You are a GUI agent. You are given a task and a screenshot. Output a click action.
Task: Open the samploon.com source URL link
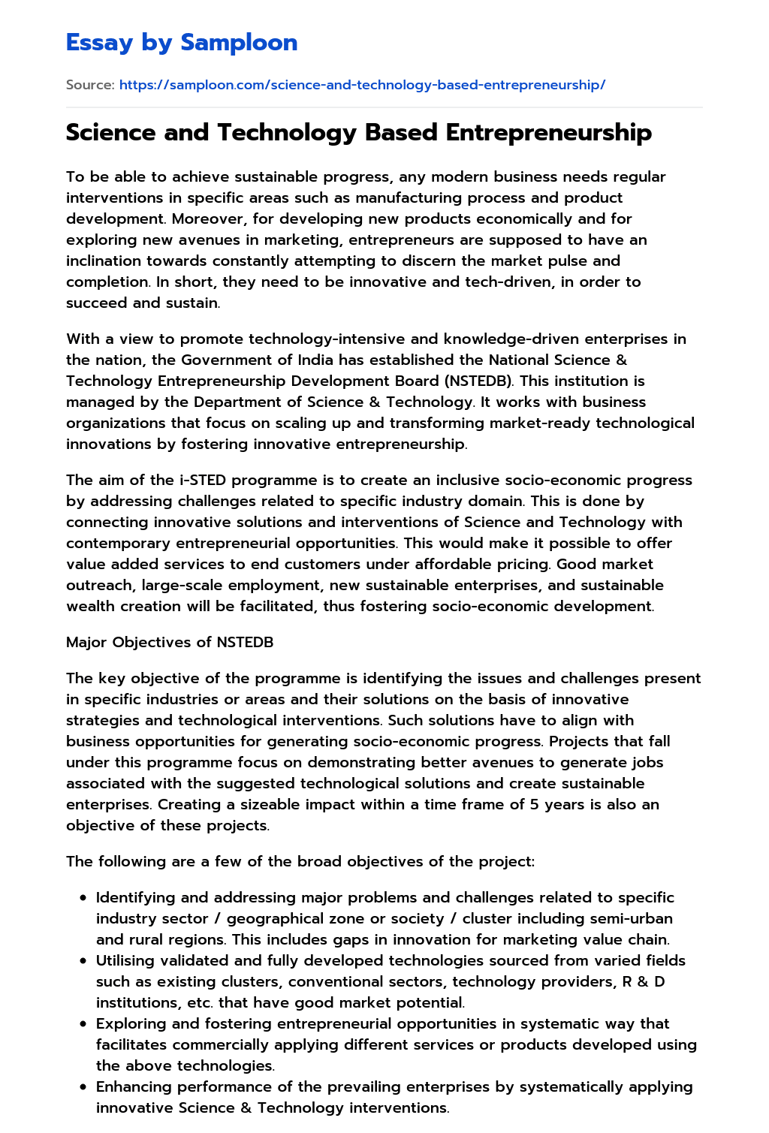point(362,85)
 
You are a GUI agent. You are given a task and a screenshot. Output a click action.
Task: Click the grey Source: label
point(90,85)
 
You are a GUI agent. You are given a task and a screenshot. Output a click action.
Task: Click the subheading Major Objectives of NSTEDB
point(170,642)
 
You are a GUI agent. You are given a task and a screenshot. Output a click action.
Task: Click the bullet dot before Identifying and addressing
point(83,898)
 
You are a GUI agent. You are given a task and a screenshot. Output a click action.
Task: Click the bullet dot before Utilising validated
point(83,961)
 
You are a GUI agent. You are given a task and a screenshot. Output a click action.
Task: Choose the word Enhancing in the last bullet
point(134,1086)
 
